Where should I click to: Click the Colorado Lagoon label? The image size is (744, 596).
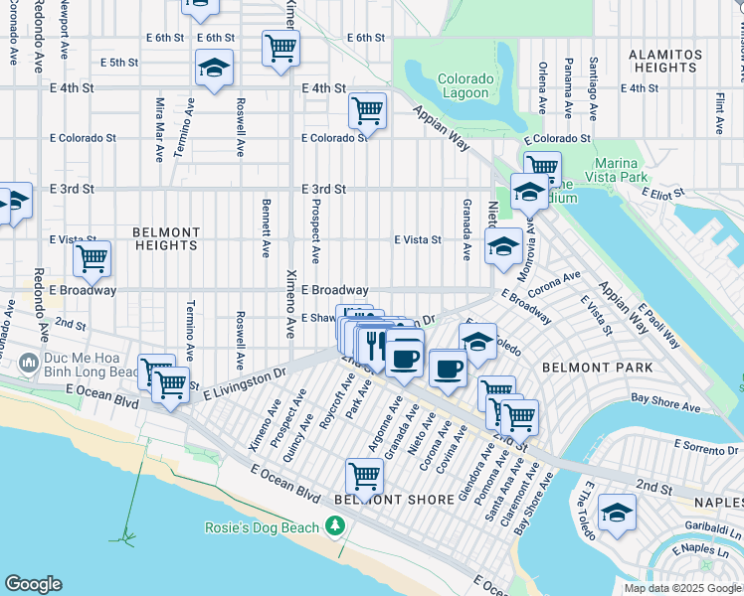(x=465, y=85)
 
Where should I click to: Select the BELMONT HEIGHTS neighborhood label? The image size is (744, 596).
(x=166, y=238)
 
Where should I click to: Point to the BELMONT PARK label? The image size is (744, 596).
(x=583, y=367)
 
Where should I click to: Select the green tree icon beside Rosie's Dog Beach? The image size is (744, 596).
(x=337, y=525)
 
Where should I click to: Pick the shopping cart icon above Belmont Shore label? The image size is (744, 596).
(x=365, y=475)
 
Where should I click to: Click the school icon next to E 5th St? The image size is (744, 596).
(x=214, y=68)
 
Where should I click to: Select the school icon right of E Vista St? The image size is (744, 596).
(x=503, y=245)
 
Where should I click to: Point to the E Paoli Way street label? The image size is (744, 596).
(x=658, y=326)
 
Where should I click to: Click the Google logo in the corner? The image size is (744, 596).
(x=33, y=584)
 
